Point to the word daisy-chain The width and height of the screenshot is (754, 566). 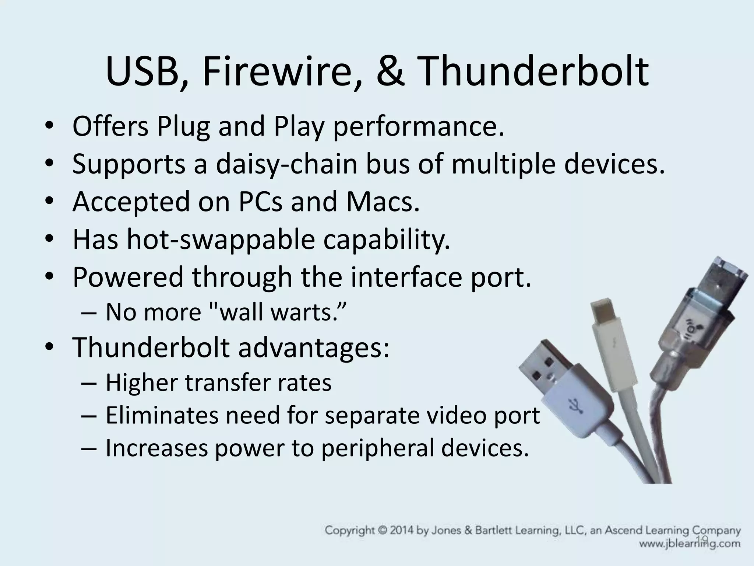coord(286,164)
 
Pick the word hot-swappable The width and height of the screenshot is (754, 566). coord(221,240)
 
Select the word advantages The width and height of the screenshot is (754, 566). coord(313,348)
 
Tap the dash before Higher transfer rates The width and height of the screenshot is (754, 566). coord(88,384)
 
